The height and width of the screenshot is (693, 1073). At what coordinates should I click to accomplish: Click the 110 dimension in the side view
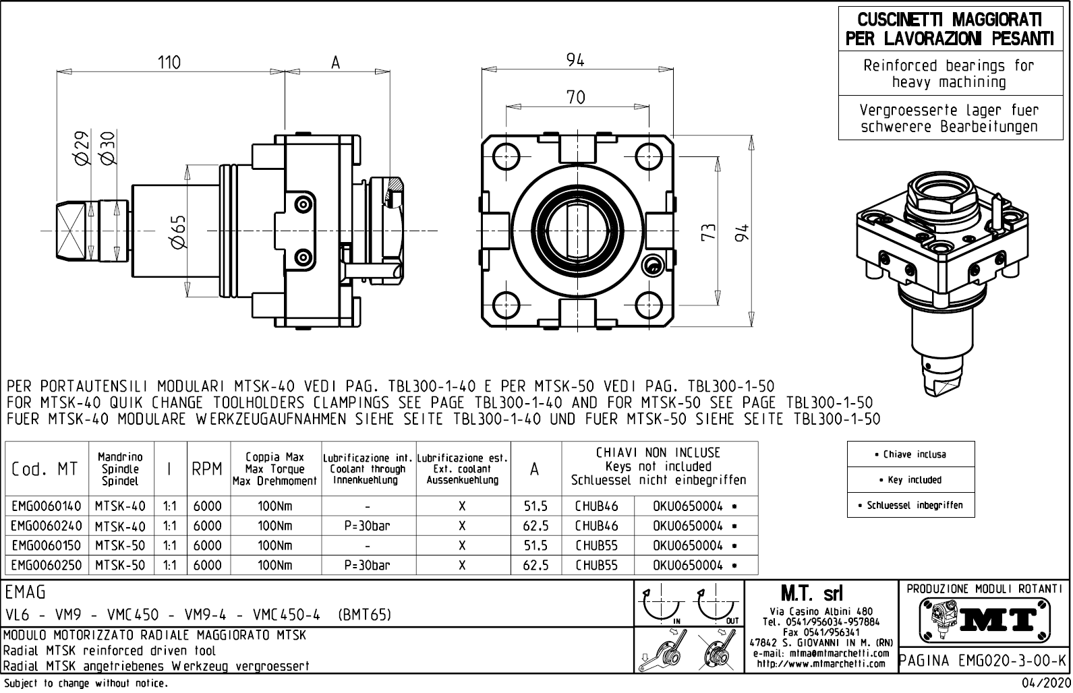coord(169,62)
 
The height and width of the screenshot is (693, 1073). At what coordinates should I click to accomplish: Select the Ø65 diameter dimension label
coord(179,233)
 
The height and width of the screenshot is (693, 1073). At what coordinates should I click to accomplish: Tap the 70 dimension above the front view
coord(575,97)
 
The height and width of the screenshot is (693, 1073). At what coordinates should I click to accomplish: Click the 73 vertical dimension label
coord(707,233)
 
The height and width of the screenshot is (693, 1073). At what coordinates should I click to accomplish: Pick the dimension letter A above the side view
coord(336,63)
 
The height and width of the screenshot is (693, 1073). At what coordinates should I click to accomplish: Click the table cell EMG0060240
coord(46,526)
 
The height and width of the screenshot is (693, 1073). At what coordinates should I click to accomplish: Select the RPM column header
coord(207,469)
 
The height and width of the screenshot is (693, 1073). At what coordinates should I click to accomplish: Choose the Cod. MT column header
coord(45,469)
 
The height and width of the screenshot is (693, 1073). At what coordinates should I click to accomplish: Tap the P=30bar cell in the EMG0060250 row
coord(367,566)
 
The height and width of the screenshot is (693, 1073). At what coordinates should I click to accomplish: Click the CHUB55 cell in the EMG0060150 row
coord(597,545)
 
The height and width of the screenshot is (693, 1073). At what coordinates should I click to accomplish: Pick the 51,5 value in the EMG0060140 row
coord(535,506)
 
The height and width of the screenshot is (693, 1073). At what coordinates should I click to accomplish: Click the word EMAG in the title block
coord(26,593)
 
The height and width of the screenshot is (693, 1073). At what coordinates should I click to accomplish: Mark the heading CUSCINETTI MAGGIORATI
coord(949,20)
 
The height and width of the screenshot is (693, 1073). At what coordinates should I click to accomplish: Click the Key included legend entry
coord(910,480)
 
